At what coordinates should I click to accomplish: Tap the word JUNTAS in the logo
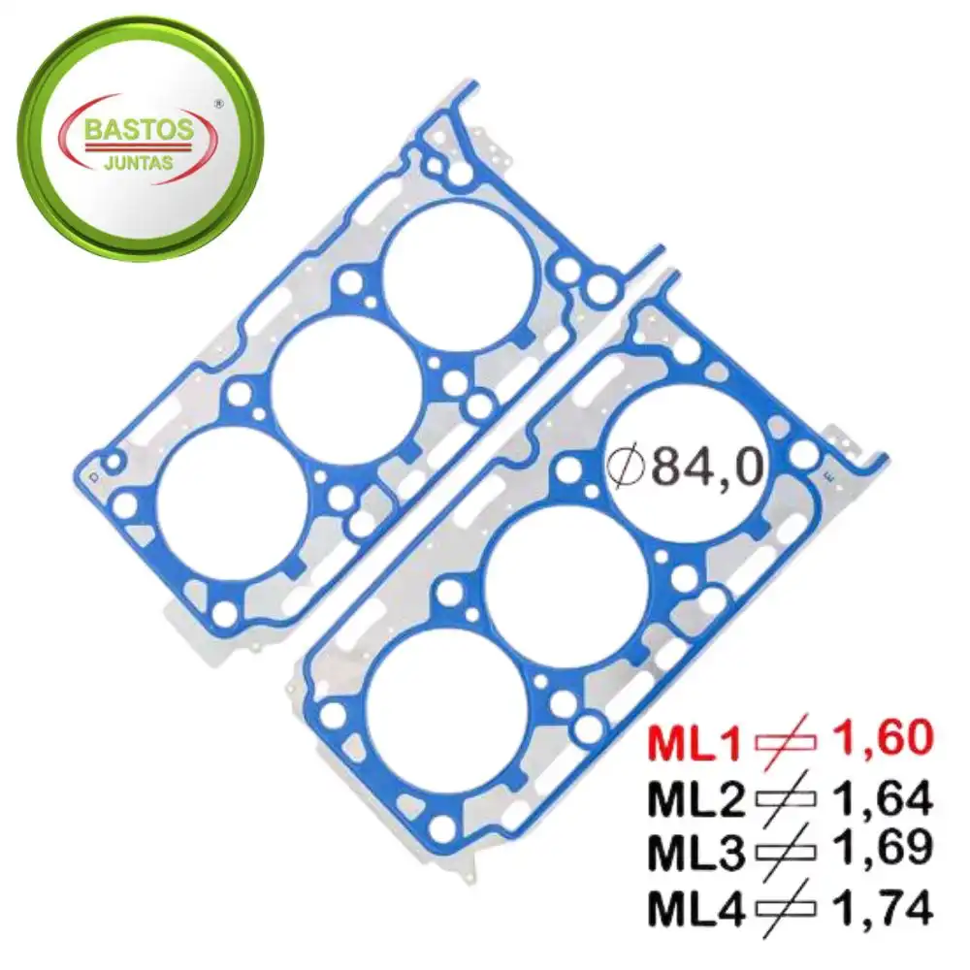coord(139,163)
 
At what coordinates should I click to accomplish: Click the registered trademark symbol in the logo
coord(217,105)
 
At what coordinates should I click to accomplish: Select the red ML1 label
coord(694,744)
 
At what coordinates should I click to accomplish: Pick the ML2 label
coord(695,800)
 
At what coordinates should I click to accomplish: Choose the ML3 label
coord(695,853)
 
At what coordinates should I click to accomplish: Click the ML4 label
coord(695,909)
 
